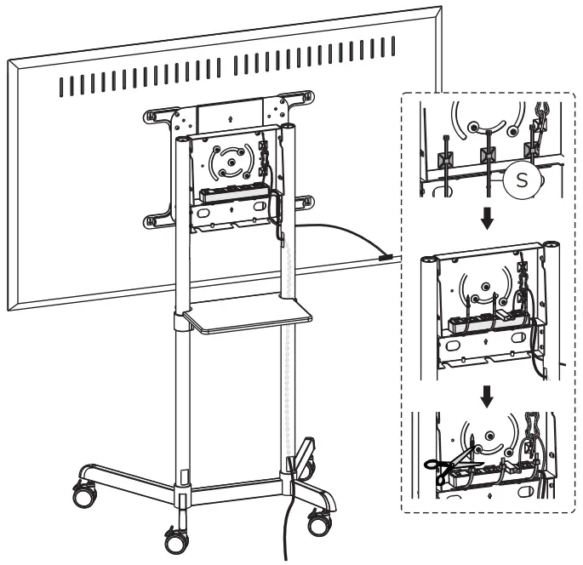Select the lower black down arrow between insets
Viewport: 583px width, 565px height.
tap(485, 393)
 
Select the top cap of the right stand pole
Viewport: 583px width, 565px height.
tap(290, 127)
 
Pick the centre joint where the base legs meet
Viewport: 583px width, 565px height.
tap(182, 493)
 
